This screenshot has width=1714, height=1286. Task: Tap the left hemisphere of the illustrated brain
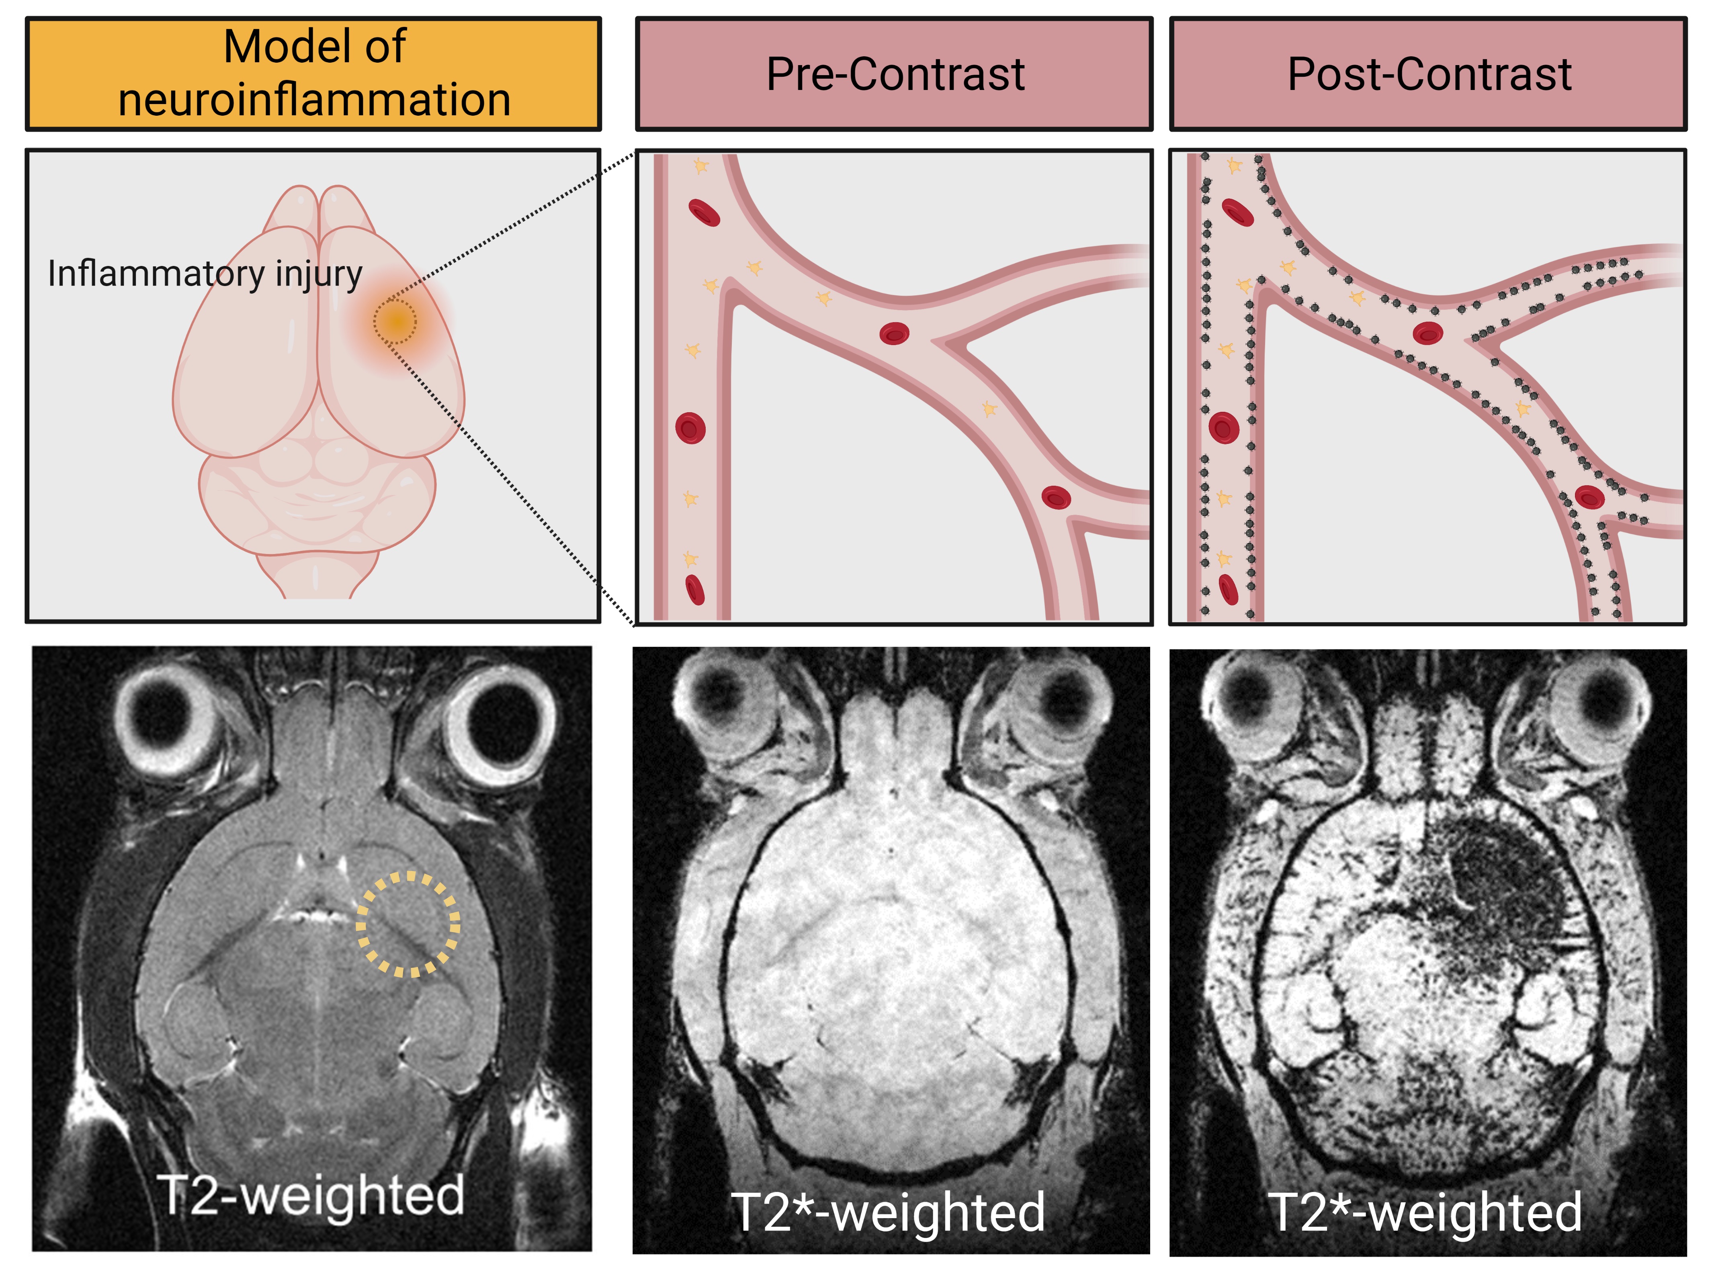pos(244,341)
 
